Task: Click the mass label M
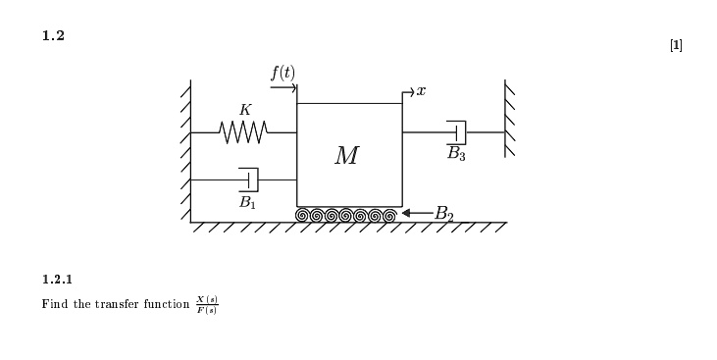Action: coord(347,156)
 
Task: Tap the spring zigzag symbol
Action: coord(243,132)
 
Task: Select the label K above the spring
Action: coord(245,110)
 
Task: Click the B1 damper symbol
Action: coord(248,180)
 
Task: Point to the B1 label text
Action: coord(247,202)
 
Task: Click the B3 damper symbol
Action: coord(456,132)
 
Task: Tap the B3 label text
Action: coord(456,154)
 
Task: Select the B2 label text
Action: coord(443,214)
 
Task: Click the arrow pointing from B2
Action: coord(418,213)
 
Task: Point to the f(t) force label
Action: coord(283,74)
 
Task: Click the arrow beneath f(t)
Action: coord(283,87)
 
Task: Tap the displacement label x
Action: coord(421,91)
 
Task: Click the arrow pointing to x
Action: coord(408,92)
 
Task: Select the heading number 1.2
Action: coord(54,35)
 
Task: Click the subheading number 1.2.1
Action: coord(57,280)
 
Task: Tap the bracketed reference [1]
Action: coord(677,45)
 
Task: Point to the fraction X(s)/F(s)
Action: coord(207,305)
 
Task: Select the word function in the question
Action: coord(167,304)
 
